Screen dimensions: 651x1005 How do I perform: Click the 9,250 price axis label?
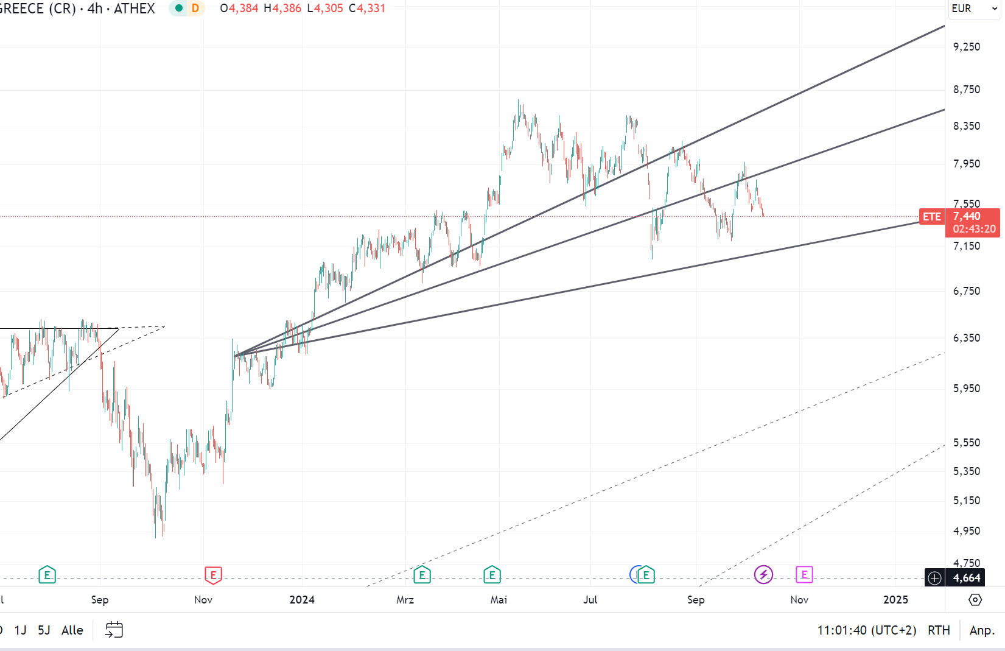coord(967,47)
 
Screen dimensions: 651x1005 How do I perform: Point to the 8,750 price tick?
coord(967,90)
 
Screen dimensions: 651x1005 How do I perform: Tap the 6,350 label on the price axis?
coord(967,338)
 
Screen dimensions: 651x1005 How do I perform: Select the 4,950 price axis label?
coord(967,531)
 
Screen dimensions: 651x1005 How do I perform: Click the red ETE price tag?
coord(931,217)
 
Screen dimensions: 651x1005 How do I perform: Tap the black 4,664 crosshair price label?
coord(966,578)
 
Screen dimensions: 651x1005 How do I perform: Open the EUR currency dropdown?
coord(974,9)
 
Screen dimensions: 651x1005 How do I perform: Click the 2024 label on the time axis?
coord(302,600)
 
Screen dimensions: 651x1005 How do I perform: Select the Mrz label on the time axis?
coord(405,600)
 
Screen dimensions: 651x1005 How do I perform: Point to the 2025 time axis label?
coord(895,600)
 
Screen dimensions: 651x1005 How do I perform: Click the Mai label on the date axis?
coord(499,600)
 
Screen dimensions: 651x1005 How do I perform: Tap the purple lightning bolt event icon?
coord(763,574)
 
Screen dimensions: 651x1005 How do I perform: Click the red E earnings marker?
coord(213,574)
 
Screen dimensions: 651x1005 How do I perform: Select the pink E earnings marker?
coord(804,574)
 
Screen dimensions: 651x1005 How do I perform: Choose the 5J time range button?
coord(44,630)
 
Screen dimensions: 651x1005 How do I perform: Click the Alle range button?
coord(72,630)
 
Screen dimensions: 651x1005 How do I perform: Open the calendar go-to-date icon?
coord(114,630)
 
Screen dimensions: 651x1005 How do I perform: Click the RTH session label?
coord(939,630)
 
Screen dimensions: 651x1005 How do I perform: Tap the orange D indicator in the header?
coord(195,9)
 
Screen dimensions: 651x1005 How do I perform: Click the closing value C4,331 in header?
coord(367,9)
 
